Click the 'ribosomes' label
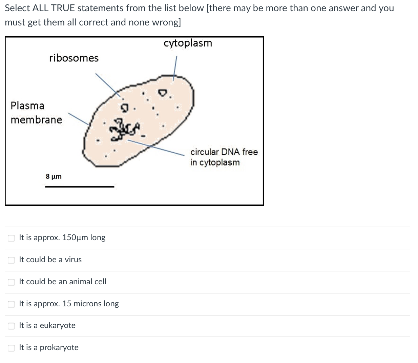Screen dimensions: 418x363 click(x=74, y=58)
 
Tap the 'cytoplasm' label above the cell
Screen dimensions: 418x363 click(x=188, y=43)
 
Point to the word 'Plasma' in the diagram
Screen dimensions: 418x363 click(x=27, y=106)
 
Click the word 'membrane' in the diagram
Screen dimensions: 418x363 click(x=36, y=120)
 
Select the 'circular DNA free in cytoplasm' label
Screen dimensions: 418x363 click(x=224, y=157)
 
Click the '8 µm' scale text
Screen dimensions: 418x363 click(x=54, y=176)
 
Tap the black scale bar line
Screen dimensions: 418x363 click(x=80, y=186)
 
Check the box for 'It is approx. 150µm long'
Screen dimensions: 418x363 click(x=12, y=238)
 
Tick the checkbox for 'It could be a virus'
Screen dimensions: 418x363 click(x=12, y=260)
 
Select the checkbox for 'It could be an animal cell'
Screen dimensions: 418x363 click(x=12, y=282)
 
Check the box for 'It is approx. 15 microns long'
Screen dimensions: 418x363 click(x=12, y=304)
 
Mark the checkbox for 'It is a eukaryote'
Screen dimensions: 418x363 click(x=12, y=326)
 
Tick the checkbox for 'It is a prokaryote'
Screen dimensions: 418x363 click(x=12, y=348)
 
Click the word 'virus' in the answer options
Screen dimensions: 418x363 click(x=73, y=260)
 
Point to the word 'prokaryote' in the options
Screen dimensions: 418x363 click(x=59, y=347)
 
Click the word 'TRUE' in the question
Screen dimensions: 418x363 click(x=63, y=8)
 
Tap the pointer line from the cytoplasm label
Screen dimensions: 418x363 click(x=175, y=68)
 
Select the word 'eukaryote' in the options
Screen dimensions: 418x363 click(x=58, y=325)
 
